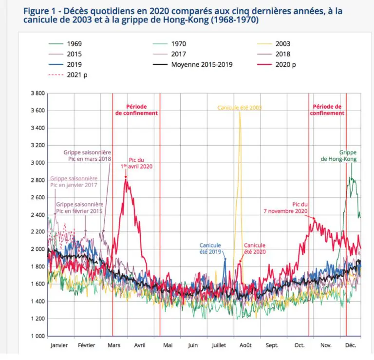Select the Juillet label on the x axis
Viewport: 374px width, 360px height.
[219, 345]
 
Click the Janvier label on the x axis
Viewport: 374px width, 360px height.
[59, 345]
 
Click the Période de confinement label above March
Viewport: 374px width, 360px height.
[136, 110]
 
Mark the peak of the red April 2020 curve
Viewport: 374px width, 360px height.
[126, 179]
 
